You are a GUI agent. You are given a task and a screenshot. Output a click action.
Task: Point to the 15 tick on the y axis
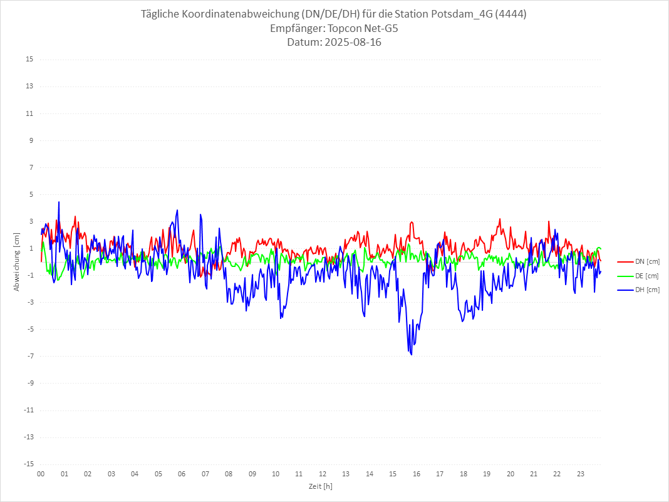click(29, 60)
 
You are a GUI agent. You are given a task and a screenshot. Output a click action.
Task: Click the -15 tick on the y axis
click(28, 464)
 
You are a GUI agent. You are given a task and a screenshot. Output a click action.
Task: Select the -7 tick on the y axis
click(29, 356)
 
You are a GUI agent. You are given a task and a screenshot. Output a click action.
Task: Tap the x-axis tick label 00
click(41, 474)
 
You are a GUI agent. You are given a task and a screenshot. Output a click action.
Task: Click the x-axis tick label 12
click(323, 474)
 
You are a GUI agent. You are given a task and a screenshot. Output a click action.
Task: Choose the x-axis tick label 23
click(581, 474)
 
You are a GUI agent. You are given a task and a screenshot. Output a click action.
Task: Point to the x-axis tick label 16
click(417, 474)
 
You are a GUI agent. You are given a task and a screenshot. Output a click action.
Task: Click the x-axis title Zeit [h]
click(321, 486)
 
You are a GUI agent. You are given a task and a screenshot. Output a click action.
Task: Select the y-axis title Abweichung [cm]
click(17, 261)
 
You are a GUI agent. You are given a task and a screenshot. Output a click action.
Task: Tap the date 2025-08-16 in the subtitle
click(351, 43)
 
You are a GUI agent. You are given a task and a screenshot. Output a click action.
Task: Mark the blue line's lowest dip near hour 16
click(412, 355)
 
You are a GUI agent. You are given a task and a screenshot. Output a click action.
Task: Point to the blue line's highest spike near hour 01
click(59, 202)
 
